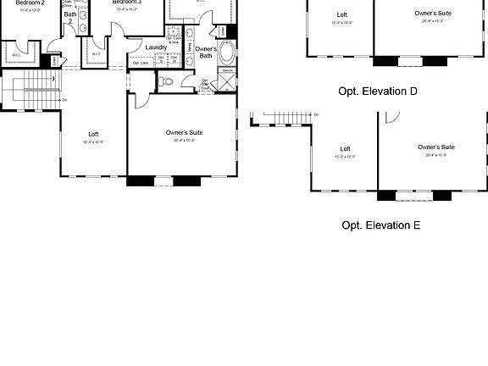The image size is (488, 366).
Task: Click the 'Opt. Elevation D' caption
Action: [x=378, y=91]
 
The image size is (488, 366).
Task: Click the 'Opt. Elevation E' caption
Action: [x=380, y=225]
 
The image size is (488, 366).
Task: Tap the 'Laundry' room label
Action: [x=156, y=47]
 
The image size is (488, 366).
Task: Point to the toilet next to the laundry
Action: [x=166, y=82]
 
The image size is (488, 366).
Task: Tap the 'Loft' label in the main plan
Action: [x=93, y=134]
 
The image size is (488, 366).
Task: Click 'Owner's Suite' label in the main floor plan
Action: [x=184, y=133]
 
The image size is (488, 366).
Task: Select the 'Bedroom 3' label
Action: [x=127, y=3]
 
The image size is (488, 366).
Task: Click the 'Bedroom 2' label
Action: [x=30, y=3]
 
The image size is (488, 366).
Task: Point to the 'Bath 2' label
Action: [x=70, y=19]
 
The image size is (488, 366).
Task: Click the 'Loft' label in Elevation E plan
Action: [x=345, y=149]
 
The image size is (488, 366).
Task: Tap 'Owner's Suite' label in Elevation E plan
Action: [x=435, y=147]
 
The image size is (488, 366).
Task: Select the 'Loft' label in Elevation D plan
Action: [x=342, y=14]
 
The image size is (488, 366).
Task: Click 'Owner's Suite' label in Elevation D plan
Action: [x=434, y=14]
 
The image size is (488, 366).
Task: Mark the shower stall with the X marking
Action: [x=226, y=81]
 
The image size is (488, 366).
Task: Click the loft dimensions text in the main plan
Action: [x=93, y=142]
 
